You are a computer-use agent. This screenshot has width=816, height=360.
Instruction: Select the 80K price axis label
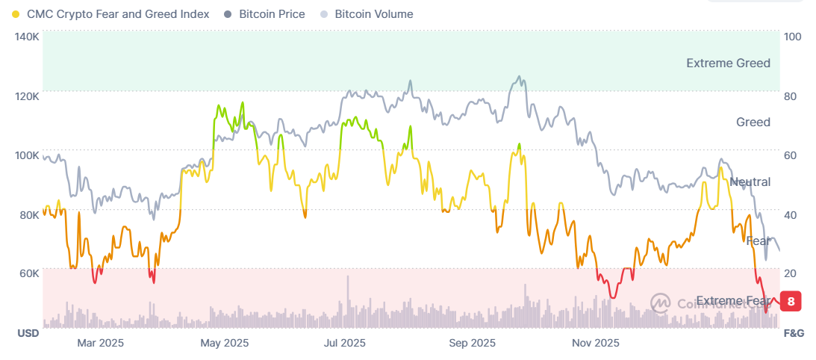pos(28,214)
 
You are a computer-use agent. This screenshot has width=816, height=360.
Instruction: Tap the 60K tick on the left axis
pos(28,273)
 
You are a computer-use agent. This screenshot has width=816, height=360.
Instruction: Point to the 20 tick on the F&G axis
pos(790,273)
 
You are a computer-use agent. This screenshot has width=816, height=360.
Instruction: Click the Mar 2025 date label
pos(101,343)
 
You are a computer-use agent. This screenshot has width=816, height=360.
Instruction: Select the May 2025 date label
pos(225,343)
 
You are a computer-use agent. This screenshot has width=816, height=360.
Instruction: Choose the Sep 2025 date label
pos(473,343)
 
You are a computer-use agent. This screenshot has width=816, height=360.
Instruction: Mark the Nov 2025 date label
pos(595,343)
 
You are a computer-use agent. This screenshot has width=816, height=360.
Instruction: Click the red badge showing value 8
pos(790,301)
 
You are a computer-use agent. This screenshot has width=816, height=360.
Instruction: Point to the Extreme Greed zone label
pos(728,63)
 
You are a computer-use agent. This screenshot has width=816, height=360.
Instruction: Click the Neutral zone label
pos(750,182)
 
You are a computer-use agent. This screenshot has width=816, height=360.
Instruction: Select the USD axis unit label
pos(28,333)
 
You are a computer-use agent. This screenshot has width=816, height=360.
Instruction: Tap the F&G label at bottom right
pos(793,333)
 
